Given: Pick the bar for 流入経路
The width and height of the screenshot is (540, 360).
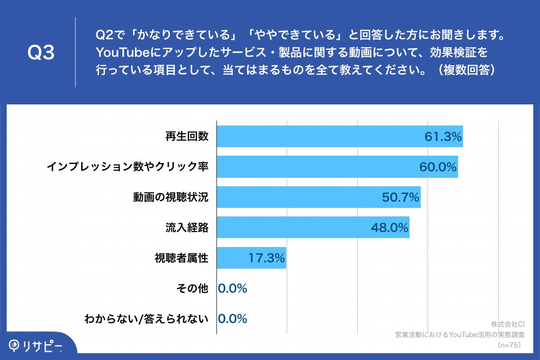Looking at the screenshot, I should (x=292, y=227).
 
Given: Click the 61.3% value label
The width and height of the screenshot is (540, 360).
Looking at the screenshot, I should (x=443, y=137).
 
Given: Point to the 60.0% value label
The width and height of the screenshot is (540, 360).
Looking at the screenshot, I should (x=438, y=167).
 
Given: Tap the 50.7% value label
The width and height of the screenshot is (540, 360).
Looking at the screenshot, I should (x=401, y=197).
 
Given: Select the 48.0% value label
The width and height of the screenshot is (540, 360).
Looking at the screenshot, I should (x=389, y=228).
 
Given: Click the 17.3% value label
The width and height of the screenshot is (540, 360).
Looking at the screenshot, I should (x=267, y=258).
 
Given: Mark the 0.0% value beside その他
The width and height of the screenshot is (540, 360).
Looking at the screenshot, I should (x=233, y=288).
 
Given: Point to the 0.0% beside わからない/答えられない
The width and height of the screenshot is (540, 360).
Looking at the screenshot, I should (x=233, y=319).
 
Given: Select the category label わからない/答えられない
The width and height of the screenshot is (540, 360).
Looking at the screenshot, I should (x=147, y=319).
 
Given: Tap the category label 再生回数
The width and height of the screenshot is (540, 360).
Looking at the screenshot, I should (x=187, y=136).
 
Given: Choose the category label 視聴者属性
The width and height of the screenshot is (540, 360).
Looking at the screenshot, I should (x=181, y=258).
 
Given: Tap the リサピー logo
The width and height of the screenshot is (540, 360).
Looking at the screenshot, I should (x=36, y=345).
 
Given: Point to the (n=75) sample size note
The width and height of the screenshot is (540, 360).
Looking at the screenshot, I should (x=508, y=345).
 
